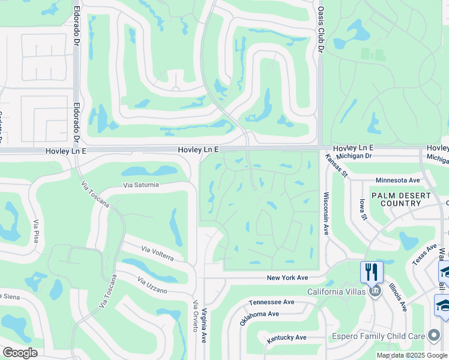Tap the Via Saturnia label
(x=141, y=185)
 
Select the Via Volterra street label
(x=158, y=253)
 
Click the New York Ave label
(x=288, y=278)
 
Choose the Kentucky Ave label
(x=287, y=338)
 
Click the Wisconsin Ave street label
(x=327, y=213)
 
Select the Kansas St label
(x=337, y=165)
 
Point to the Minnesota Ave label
(x=397, y=180)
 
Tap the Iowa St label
(x=363, y=210)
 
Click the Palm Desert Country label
(x=400, y=200)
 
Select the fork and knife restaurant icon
(x=372, y=271)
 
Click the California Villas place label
(x=337, y=292)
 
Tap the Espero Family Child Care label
(x=379, y=337)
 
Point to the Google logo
(x=20, y=353)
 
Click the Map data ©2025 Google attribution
(x=411, y=355)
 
